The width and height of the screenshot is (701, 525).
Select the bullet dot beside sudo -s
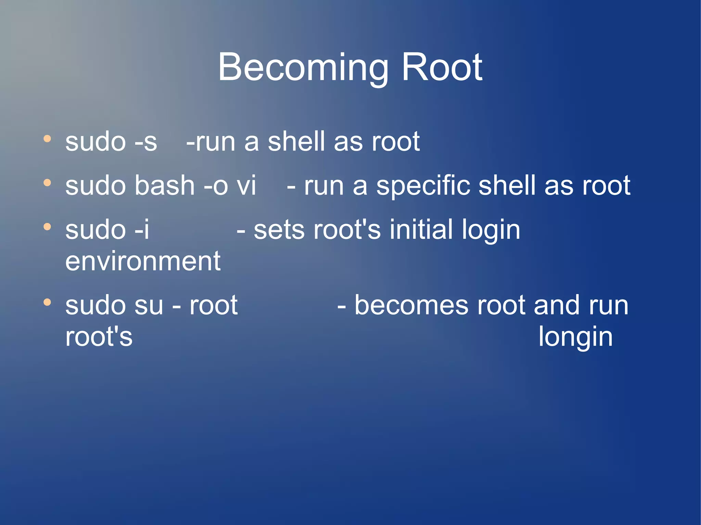[x=47, y=139]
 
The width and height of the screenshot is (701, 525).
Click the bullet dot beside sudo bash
[x=47, y=183]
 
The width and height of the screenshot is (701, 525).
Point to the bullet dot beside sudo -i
[x=47, y=227]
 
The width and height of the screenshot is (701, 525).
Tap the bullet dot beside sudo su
[x=47, y=302]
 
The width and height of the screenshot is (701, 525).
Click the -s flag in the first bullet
[x=146, y=142]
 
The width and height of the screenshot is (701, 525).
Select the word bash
[x=164, y=186]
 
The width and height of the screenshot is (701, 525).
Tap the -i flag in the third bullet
[x=142, y=230]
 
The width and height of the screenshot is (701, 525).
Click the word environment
[x=143, y=261]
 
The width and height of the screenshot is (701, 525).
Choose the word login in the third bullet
[x=490, y=231]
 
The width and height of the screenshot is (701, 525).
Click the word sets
[x=279, y=231]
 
